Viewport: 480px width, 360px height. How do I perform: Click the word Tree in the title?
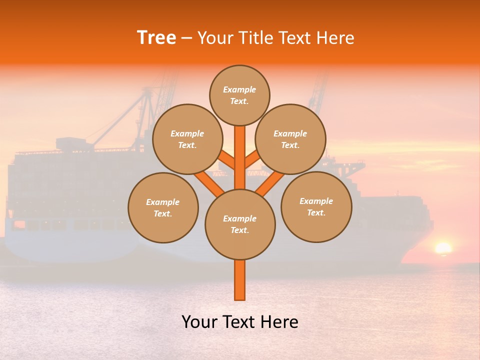[x=156, y=38]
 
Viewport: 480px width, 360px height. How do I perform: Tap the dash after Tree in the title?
[x=187, y=38]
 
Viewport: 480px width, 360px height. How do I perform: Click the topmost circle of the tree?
[x=239, y=95]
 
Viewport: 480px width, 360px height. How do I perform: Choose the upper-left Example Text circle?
[x=187, y=139]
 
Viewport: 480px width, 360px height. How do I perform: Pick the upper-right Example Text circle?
[x=290, y=139]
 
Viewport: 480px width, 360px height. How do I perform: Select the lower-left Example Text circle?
[x=163, y=207]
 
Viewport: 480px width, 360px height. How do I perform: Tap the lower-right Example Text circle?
[x=316, y=206]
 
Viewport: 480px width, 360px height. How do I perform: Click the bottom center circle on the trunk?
[x=240, y=224]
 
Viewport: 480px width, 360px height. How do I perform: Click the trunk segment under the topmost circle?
[x=240, y=150]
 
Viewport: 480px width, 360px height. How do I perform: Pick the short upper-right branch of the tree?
[x=251, y=160]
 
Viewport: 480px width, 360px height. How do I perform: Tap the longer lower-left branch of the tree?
[x=209, y=183]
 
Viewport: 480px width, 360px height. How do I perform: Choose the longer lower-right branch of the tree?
[x=270, y=183]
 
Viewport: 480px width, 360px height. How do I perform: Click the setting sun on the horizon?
[x=443, y=248]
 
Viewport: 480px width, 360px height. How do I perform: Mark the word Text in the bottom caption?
[x=240, y=322]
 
